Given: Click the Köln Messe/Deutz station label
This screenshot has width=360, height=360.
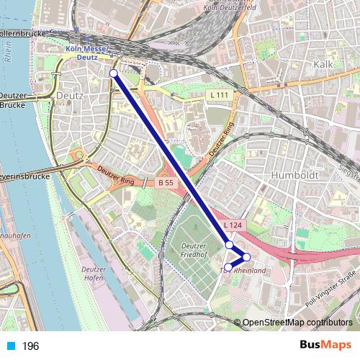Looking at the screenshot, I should pyautogui.click(x=86, y=53).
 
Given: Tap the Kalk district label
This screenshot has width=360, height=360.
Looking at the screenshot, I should pyautogui.click(x=322, y=64).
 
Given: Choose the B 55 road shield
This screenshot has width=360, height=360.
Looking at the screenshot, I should pyautogui.click(x=166, y=183).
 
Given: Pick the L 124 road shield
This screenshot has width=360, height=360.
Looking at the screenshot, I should pyautogui.click(x=233, y=225).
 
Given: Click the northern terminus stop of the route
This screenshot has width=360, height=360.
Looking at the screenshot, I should pyautogui.click(x=113, y=73).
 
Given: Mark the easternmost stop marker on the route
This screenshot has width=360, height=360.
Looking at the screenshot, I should pyautogui.click(x=246, y=257).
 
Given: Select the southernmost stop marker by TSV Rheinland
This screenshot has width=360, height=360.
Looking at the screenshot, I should pyautogui.click(x=228, y=268).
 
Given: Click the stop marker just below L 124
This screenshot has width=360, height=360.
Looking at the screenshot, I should pyautogui.click(x=229, y=245).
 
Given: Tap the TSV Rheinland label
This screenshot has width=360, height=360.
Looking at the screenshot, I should pyautogui.click(x=243, y=271).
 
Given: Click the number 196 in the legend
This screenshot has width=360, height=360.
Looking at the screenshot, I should pyautogui.click(x=30, y=346).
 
